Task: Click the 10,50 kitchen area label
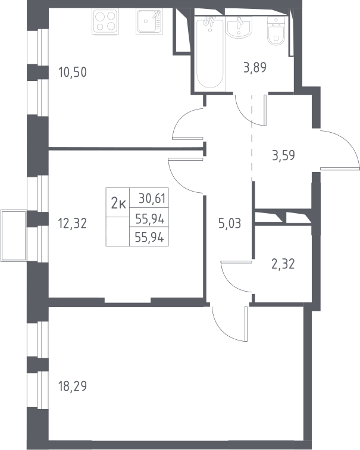pos(72,72)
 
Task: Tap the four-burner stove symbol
pos(105,21)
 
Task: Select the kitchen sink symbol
pos(149,21)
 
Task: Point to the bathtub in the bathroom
pos(210,52)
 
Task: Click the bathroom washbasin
pos(239,27)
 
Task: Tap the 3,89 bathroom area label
pos(255,68)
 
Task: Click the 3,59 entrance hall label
pos(283,155)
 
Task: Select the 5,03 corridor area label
pos(230,223)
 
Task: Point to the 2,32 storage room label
pos(283,264)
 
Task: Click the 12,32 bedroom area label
pos(72,223)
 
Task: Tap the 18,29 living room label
pos(72,386)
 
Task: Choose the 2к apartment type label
pos(118,204)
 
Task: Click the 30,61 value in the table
pos(152,198)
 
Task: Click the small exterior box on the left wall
pos(14,236)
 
